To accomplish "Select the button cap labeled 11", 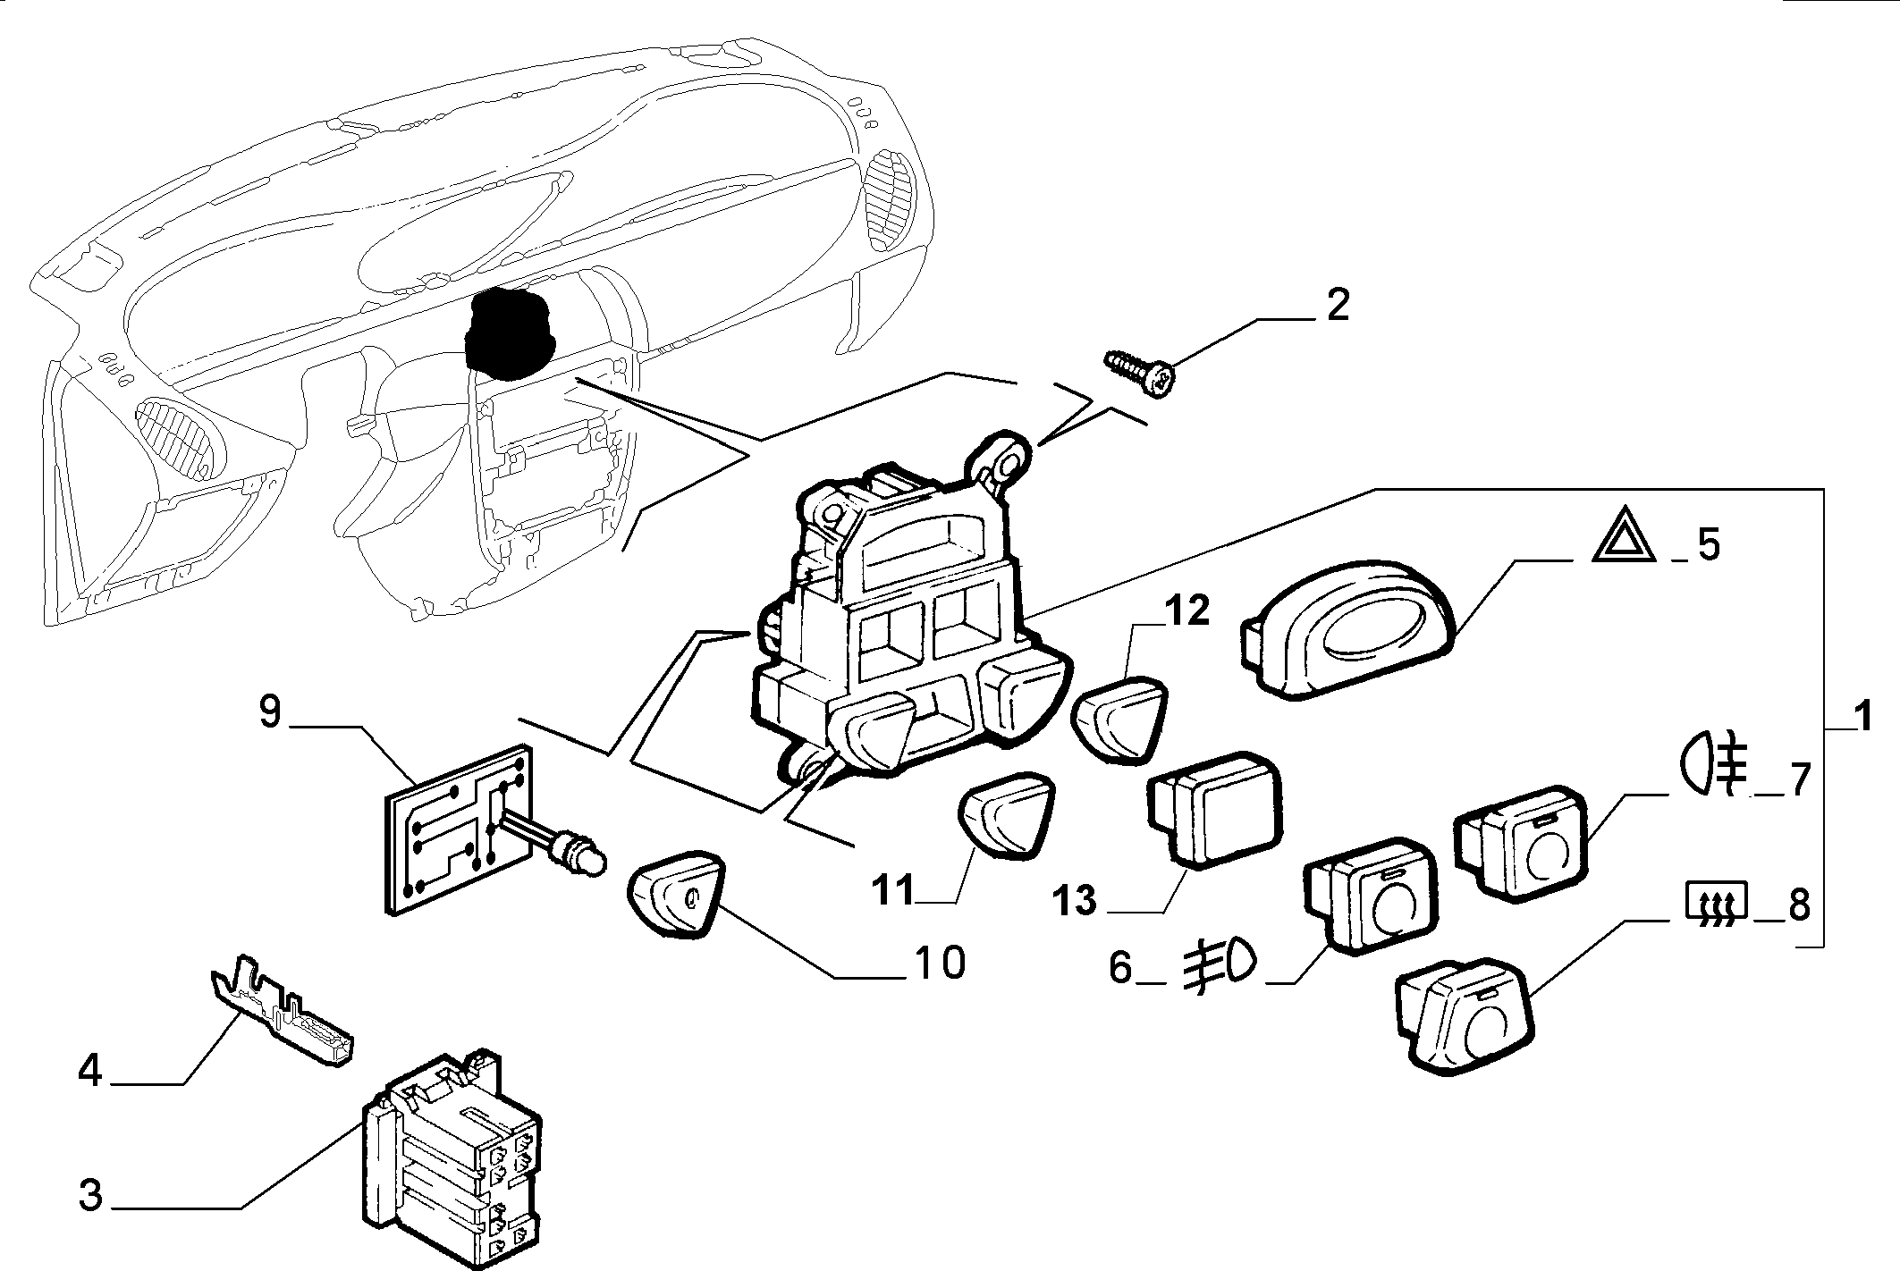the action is [1007, 816].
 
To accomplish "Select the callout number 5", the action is [1708, 544].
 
